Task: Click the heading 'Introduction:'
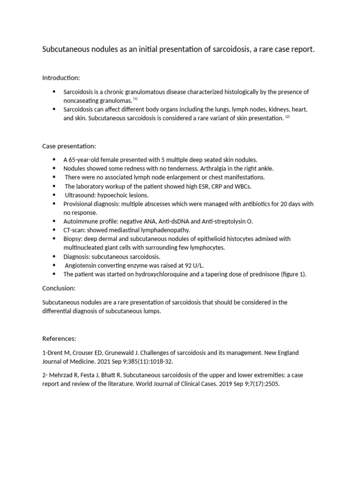(61, 77)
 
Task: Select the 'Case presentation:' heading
(69, 146)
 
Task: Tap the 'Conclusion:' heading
(59, 288)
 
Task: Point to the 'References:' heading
(59, 338)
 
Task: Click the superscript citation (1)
(135, 99)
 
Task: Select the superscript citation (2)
(288, 117)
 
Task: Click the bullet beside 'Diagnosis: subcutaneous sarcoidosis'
(54, 257)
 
